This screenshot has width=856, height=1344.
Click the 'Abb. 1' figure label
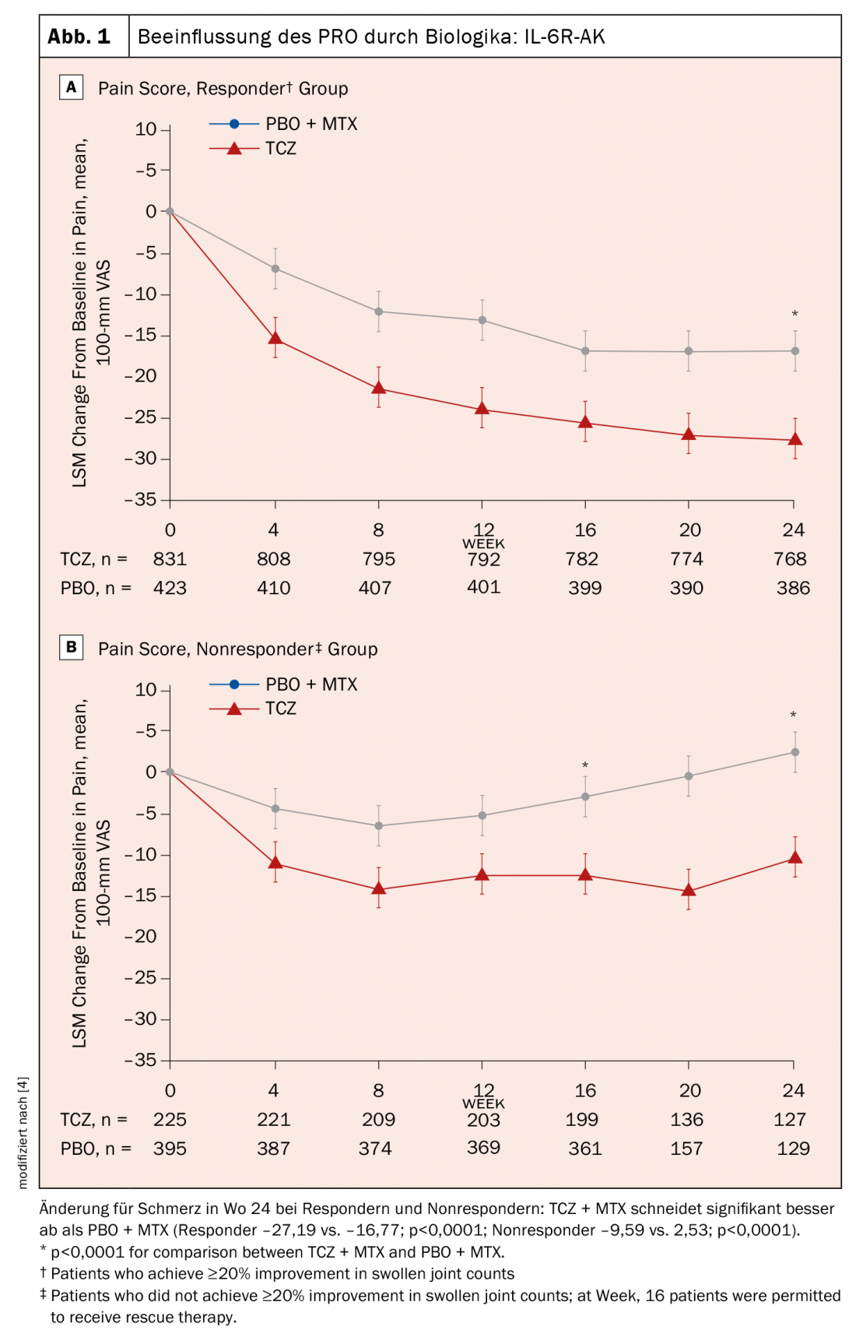pos(79,37)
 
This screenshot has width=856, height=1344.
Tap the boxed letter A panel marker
pos(71,87)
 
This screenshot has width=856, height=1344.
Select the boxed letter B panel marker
pos(71,647)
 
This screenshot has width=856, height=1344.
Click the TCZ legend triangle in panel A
pos(234,148)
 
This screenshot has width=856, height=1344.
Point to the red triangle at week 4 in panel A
pos(275,338)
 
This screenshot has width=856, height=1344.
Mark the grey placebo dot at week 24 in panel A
pos(795,351)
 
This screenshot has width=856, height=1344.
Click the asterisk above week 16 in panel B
pos(585,766)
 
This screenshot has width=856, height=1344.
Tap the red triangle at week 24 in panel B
pos(795,857)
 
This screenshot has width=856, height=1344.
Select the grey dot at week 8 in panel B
pos(379,826)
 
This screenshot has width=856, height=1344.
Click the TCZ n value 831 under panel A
pos(170,559)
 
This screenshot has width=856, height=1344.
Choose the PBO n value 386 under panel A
pos(793,589)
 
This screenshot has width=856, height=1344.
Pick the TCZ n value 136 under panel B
pos(686,1120)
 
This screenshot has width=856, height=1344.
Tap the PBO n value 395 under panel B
pos(170,1149)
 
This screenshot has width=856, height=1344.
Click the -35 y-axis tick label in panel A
pos(141,500)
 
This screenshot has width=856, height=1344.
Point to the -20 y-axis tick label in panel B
pos(141,937)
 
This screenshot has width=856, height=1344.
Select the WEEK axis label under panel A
pos(483,544)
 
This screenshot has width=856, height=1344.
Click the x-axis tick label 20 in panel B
pos(689,1091)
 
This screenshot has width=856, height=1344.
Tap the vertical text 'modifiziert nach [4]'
pos(23,1133)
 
